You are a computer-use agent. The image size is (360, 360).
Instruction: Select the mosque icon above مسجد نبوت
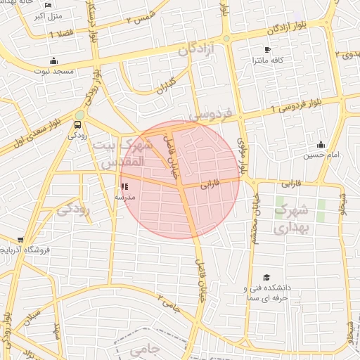54,61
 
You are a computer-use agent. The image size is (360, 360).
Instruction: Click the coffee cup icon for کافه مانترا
266,49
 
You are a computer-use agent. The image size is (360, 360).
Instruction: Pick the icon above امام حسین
321,144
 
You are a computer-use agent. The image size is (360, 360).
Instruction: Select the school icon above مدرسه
125,187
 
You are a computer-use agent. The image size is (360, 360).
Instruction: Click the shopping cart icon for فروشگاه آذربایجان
20,240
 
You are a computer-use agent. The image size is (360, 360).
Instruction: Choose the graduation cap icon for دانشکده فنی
266,278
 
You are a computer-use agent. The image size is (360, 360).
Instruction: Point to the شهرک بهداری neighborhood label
290,219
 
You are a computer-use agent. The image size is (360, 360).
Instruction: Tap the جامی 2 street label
170,302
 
